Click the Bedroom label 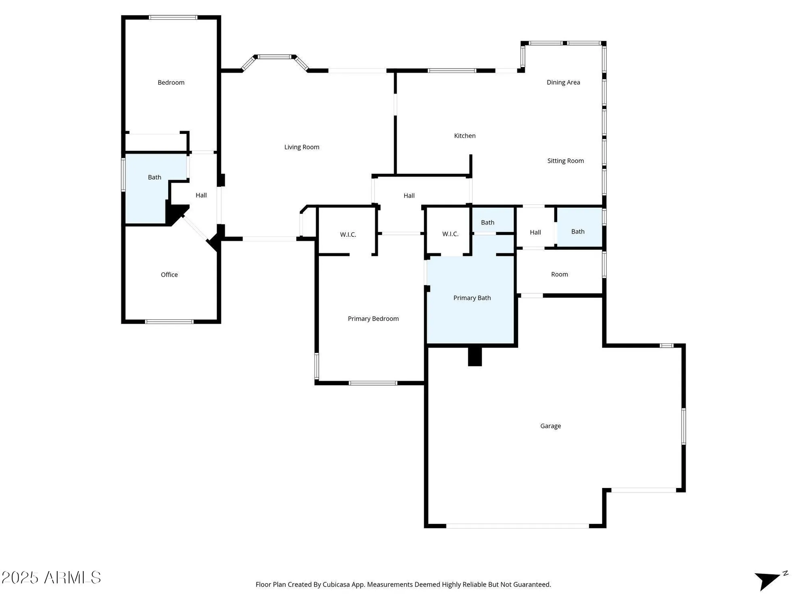point(171,83)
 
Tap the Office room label point(169,275)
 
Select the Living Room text point(301,147)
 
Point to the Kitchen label point(464,136)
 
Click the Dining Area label point(563,83)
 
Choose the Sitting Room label point(565,161)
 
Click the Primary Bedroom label point(373,319)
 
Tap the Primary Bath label point(472,298)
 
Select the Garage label point(550,426)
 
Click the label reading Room point(559,274)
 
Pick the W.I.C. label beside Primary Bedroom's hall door point(348,234)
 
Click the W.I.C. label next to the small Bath point(450,234)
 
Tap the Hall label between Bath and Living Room point(201,195)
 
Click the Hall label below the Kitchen point(409,196)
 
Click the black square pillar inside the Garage point(475,357)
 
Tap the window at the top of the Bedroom point(173,17)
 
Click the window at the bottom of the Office point(169,321)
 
